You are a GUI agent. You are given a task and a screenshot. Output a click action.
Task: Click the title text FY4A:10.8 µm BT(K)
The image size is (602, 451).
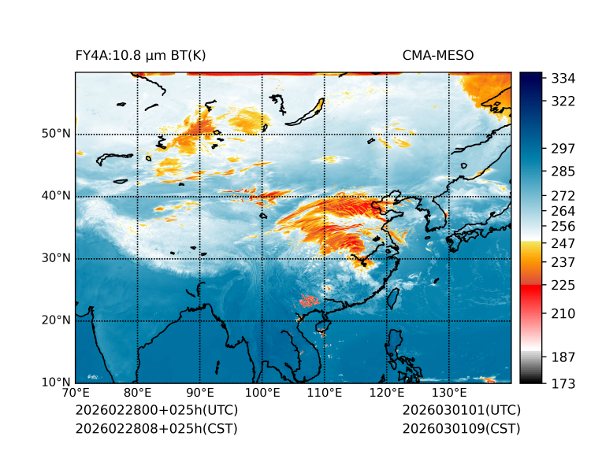coord(140,55)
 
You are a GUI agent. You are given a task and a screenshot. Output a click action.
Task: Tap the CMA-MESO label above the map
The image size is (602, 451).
coord(437,55)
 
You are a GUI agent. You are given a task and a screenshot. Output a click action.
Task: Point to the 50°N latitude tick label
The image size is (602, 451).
coord(56,134)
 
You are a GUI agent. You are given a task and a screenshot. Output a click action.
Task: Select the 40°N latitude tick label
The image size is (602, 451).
coord(56,196)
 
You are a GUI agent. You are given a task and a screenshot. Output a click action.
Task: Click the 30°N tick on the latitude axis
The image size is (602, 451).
coord(56,258)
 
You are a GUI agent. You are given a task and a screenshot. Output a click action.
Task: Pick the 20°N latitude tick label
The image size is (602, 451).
coord(56,320)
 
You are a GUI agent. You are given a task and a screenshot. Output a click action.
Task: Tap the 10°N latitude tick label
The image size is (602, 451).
coord(56,383)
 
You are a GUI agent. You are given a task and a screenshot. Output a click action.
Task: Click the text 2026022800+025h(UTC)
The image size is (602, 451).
coord(156,411)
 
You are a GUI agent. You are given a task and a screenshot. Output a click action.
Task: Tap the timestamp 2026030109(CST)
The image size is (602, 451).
coord(461,428)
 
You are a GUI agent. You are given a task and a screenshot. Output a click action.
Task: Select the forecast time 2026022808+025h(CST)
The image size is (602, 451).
coord(156,428)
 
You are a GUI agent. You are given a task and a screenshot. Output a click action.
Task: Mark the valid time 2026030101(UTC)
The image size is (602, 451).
coord(461,411)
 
